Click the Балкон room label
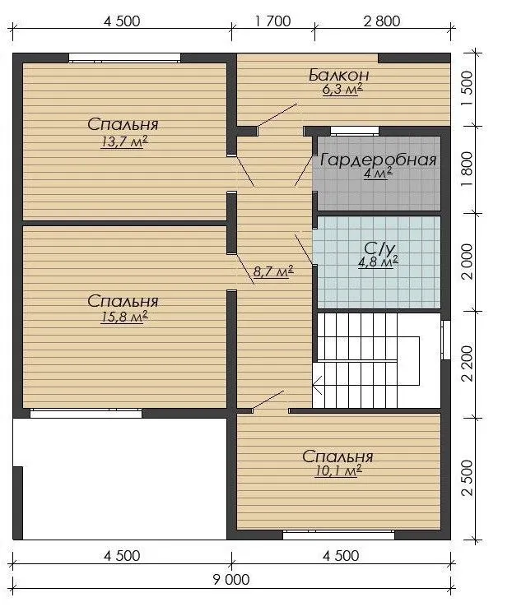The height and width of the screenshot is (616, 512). (x=338, y=75)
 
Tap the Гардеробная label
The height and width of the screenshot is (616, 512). (x=379, y=160)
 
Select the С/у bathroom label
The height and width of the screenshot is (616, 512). (x=379, y=248)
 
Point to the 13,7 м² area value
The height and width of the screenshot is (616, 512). (x=124, y=141)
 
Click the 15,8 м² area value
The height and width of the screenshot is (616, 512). (x=124, y=317)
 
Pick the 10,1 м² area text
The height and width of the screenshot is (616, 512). (x=338, y=470)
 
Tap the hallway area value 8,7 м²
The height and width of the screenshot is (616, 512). (x=273, y=271)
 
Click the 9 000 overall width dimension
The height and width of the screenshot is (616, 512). (x=231, y=580)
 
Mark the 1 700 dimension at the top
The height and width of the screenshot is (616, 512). (x=273, y=21)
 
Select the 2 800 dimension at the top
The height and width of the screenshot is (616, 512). (x=382, y=21)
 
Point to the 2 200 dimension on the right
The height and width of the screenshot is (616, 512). (x=468, y=364)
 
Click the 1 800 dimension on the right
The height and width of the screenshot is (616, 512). (x=468, y=169)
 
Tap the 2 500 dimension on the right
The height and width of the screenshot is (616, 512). (x=468, y=478)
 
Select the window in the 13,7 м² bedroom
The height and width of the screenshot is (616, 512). (x=124, y=58)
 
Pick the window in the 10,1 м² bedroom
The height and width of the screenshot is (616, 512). (x=338, y=535)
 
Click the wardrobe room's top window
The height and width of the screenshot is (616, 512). (x=355, y=131)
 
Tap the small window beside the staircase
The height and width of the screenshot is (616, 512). (x=446, y=340)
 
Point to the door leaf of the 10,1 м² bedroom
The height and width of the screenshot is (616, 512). (x=268, y=400)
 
